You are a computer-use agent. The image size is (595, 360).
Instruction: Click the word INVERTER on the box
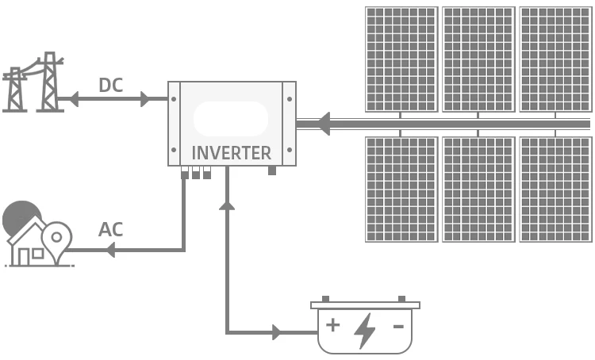[232, 153]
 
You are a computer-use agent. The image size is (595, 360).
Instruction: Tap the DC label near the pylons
[110, 85]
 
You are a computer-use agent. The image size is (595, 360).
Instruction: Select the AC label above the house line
[110, 230]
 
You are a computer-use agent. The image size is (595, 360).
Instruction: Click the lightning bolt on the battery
[365, 330]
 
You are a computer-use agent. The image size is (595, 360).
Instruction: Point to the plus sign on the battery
[333, 324]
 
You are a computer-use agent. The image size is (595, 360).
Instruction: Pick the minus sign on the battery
[398, 325]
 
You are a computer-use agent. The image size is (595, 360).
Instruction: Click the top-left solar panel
[401, 59]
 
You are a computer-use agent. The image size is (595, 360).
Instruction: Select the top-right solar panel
[555, 59]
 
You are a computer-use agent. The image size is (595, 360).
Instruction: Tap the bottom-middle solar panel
[478, 189]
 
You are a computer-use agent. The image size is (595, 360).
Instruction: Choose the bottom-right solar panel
[555, 189]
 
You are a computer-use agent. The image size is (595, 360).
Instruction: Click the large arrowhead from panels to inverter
[323, 123]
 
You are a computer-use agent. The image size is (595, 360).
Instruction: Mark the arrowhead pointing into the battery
[277, 332]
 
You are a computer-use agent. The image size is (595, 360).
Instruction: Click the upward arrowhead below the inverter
[227, 205]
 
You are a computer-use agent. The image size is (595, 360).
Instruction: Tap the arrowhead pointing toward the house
[109, 250]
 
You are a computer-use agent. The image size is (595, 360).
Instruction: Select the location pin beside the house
[57, 238]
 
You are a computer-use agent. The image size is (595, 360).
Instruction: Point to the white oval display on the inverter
[231, 119]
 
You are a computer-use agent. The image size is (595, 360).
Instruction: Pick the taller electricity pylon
[51, 81]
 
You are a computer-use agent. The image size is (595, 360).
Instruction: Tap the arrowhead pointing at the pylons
[72, 99]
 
